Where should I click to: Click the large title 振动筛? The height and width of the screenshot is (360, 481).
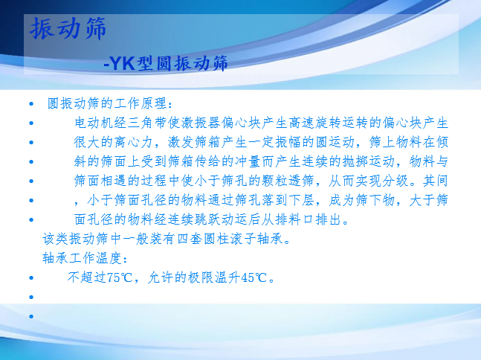[x=68, y=28]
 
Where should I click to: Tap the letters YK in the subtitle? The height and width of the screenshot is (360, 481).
[x=123, y=63]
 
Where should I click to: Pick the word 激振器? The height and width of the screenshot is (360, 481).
[x=201, y=123]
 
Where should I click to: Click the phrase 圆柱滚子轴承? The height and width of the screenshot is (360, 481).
[x=244, y=239]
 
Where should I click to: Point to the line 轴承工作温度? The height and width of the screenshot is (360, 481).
[x=85, y=258]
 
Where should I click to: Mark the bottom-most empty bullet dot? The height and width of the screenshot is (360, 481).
[x=31, y=316]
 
